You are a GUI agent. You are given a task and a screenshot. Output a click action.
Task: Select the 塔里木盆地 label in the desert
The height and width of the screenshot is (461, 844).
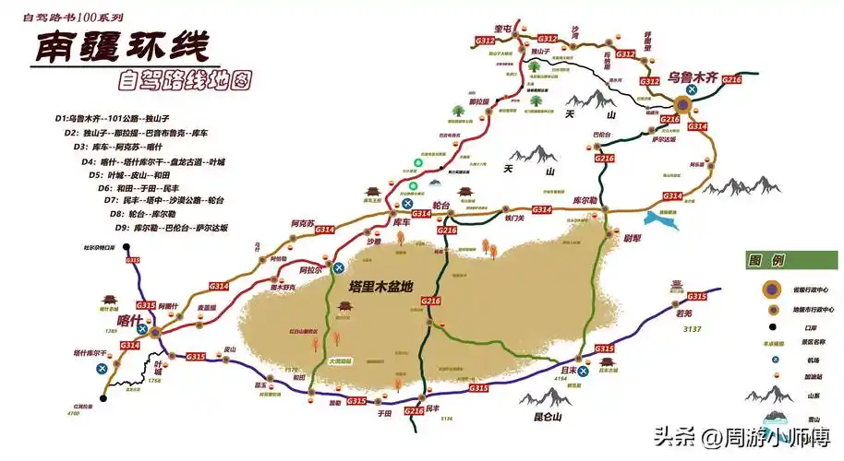point(381,287)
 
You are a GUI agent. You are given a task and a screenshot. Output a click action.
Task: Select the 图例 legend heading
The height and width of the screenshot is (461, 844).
point(766,259)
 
